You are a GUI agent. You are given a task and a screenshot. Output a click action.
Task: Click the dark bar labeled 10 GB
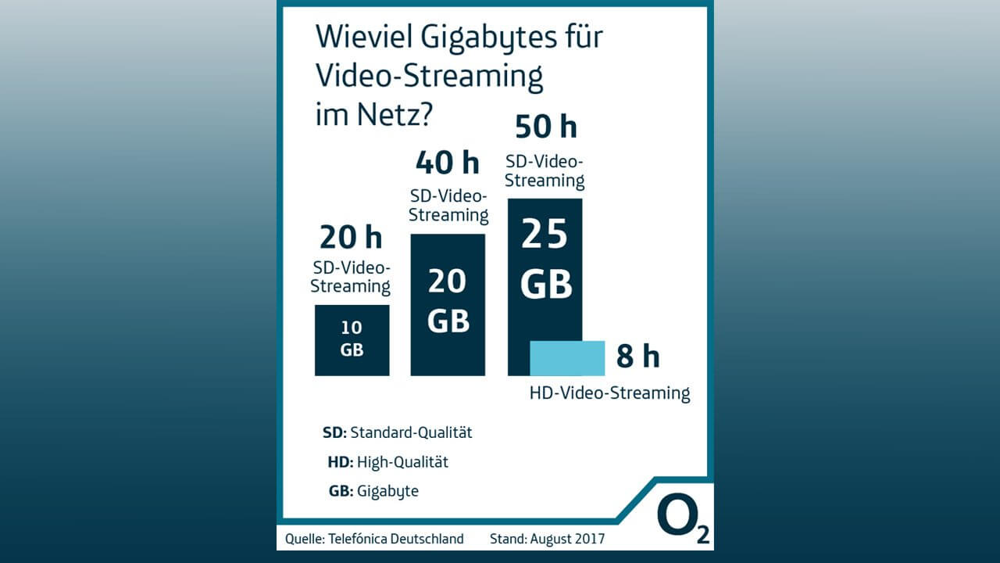pos(352,340)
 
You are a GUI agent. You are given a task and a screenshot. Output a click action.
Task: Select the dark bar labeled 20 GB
pos(448,305)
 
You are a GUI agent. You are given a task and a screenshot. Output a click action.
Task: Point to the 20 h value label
pos(351,237)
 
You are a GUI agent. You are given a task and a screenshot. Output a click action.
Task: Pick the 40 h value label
pos(447,163)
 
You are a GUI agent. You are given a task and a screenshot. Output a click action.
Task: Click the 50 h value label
pos(545,126)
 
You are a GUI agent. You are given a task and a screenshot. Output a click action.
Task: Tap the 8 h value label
pos(637,357)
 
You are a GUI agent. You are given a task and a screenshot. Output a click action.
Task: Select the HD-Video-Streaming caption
pos(609,393)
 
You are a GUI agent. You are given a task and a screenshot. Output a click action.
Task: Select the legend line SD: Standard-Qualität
pos(397,432)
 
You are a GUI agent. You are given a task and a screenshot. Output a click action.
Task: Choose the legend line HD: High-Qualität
pos(387,461)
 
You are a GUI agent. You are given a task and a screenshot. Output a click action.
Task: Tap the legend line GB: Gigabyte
pos(373,491)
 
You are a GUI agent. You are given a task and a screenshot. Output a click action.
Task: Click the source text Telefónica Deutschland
pos(395,539)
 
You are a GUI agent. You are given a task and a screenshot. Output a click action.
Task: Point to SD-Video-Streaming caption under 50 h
pos(545,171)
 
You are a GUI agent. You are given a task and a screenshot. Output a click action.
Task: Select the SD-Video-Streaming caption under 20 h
pos(350,276)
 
